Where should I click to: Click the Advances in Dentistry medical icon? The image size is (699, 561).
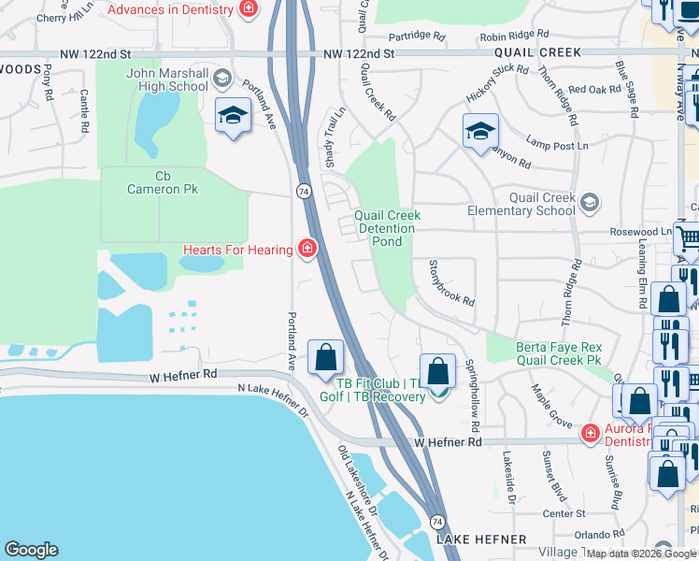pyautogui.click(x=249, y=9)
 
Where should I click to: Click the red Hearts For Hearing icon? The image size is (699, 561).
pyautogui.click(x=307, y=249)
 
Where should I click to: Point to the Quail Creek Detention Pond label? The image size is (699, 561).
pyautogui.click(x=387, y=228)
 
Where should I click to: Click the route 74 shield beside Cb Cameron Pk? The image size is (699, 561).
pyautogui.click(x=304, y=190)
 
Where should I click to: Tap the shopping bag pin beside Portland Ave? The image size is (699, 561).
pyautogui.click(x=325, y=357)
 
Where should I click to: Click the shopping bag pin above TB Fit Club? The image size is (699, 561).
pyautogui.click(x=437, y=371)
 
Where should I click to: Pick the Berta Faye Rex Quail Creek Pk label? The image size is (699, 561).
pyautogui.click(x=558, y=354)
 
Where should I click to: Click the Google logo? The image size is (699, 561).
pyautogui.click(x=31, y=549)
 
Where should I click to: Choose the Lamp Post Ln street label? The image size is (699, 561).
pyautogui.click(x=557, y=146)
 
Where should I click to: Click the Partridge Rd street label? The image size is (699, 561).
pyautogui.click(x=417, y=36)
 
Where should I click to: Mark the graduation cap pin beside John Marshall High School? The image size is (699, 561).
pyautogui.click(x=232, y=116)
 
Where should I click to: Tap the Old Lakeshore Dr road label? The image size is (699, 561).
pyautogui.click(x=357, y=482)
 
